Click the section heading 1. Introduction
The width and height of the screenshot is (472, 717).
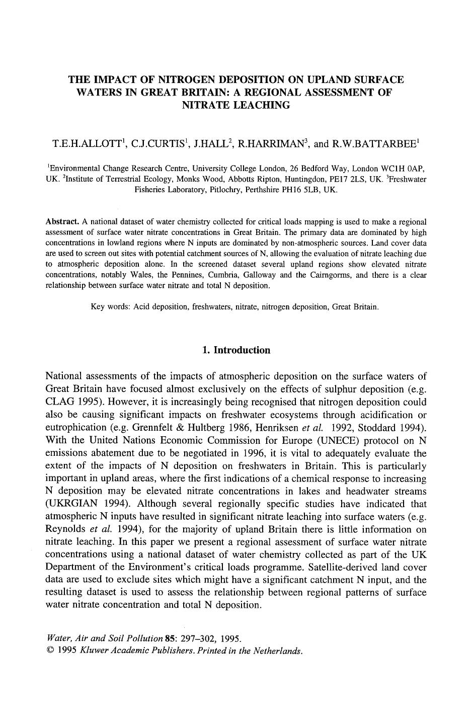click(235, 350)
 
